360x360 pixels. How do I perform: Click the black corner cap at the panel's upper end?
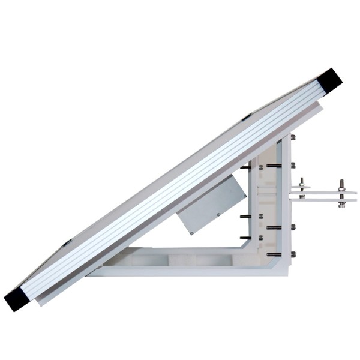[328, 78]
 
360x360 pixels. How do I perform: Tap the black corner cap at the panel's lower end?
[18, 298]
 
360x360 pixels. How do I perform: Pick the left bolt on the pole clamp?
[302, 186]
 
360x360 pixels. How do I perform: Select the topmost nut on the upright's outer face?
[293, 138]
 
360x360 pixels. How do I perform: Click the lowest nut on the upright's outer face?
[292, 256]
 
